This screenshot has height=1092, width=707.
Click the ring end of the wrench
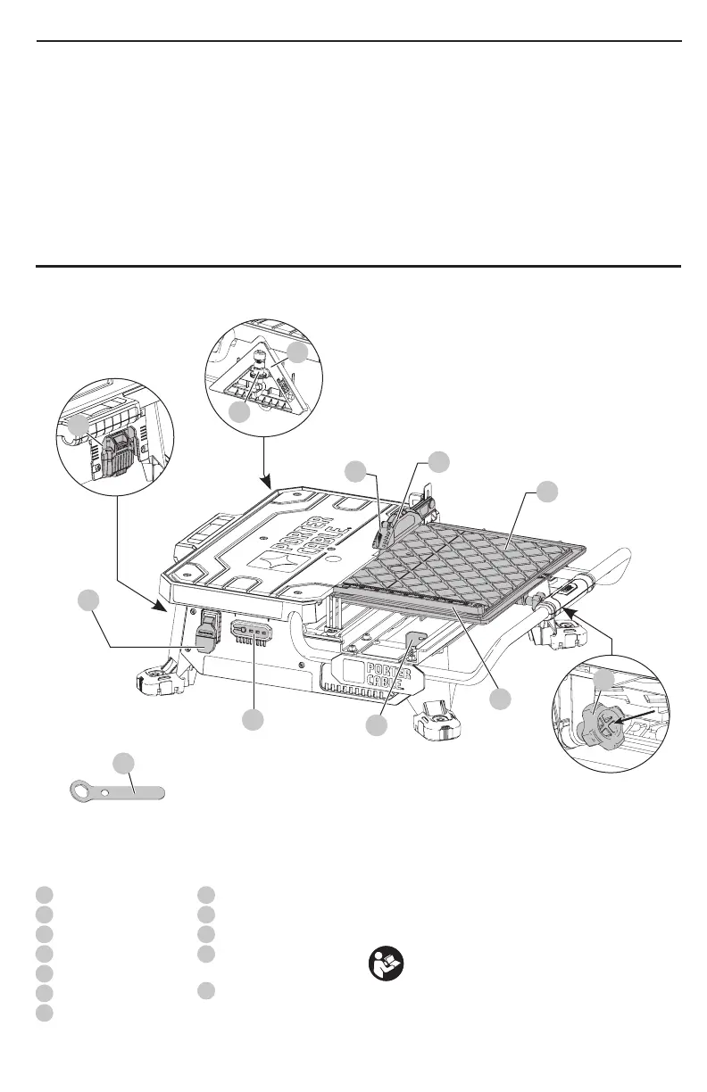tap(84, 791)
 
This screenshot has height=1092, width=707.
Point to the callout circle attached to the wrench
tap(123, 763)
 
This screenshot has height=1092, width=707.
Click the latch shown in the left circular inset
tap(119, 454)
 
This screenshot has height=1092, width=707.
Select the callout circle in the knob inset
tap(604, 681)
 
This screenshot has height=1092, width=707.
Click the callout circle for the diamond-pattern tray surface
tap(547, 492)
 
